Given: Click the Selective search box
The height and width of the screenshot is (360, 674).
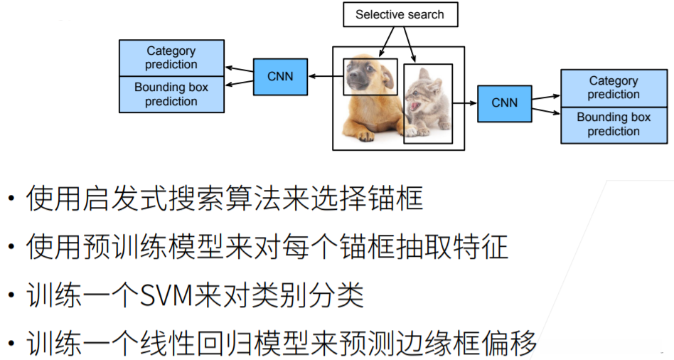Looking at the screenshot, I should coord(400,14).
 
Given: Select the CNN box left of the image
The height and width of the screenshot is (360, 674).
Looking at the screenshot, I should coord(280,76).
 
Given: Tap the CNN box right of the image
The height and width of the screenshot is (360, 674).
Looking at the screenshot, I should coord(505,102).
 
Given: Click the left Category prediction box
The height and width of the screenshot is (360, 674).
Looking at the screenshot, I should coord(171,58).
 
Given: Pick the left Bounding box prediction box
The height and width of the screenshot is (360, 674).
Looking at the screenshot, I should coord(171,94).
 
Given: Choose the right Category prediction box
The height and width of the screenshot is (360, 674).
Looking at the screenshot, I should coord(613,88).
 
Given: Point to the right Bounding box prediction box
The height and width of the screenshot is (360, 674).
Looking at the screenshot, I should coord(613,125).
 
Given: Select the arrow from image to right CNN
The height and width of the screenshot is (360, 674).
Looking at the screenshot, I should coord(464,102).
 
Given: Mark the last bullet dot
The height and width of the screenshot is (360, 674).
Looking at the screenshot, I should coord(10,344).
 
